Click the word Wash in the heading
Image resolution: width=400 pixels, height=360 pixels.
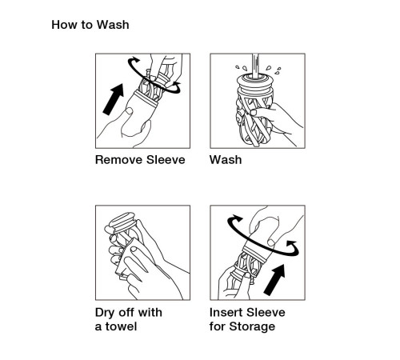coord(113,25)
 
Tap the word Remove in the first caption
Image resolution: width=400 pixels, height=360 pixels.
coord(118,160)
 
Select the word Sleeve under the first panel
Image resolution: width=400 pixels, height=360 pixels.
coord(166,160)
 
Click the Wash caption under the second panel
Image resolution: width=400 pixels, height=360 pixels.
coord(226,160)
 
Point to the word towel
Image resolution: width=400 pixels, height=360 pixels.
coord(121,326)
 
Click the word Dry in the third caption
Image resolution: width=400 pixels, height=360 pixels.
coord(105,313)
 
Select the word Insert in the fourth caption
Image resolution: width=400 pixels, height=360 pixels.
coord(226,313)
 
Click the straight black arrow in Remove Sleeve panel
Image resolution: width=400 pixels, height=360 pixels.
coord(114,99)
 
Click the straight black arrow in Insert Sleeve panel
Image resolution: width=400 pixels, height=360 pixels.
coord(274,280)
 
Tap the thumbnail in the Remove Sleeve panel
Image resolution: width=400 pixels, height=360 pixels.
coord(130,110)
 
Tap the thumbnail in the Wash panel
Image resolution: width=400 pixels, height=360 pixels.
coord(254,113)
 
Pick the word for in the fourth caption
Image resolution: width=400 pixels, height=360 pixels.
coord(218,326)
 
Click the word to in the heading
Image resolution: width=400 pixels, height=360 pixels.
coord(86,25)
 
